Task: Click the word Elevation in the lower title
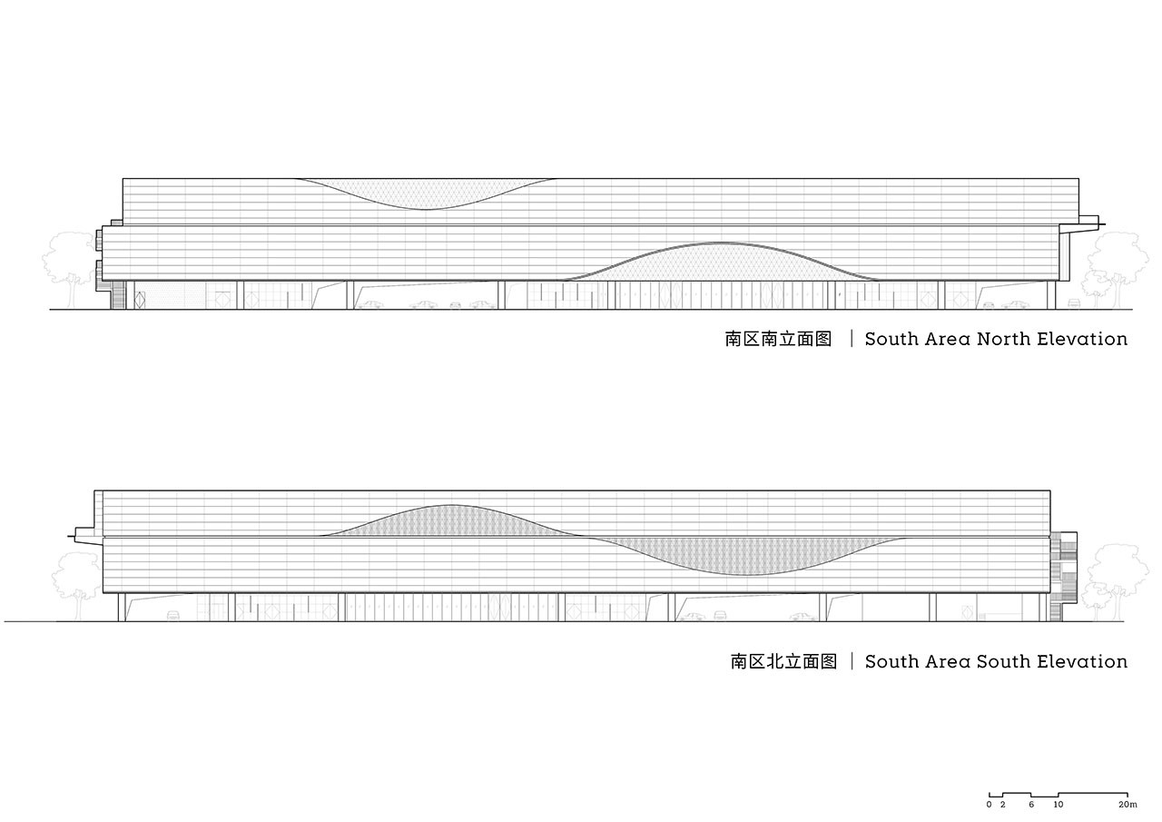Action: (x=1082, y=661)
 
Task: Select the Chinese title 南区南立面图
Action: (x=778, y=339)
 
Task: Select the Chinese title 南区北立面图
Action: (x=783, y=661)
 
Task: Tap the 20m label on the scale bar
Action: (x=1128, y=805)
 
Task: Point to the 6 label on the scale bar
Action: (x=1031, y=805)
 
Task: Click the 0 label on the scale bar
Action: (x=990, y=805)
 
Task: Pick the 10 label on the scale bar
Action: (x=1059, y=805)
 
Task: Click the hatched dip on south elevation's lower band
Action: (x=747, y=555)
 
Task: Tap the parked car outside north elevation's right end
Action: (x=1074, y=303)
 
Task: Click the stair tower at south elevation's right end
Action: (x=1063, y=576)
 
